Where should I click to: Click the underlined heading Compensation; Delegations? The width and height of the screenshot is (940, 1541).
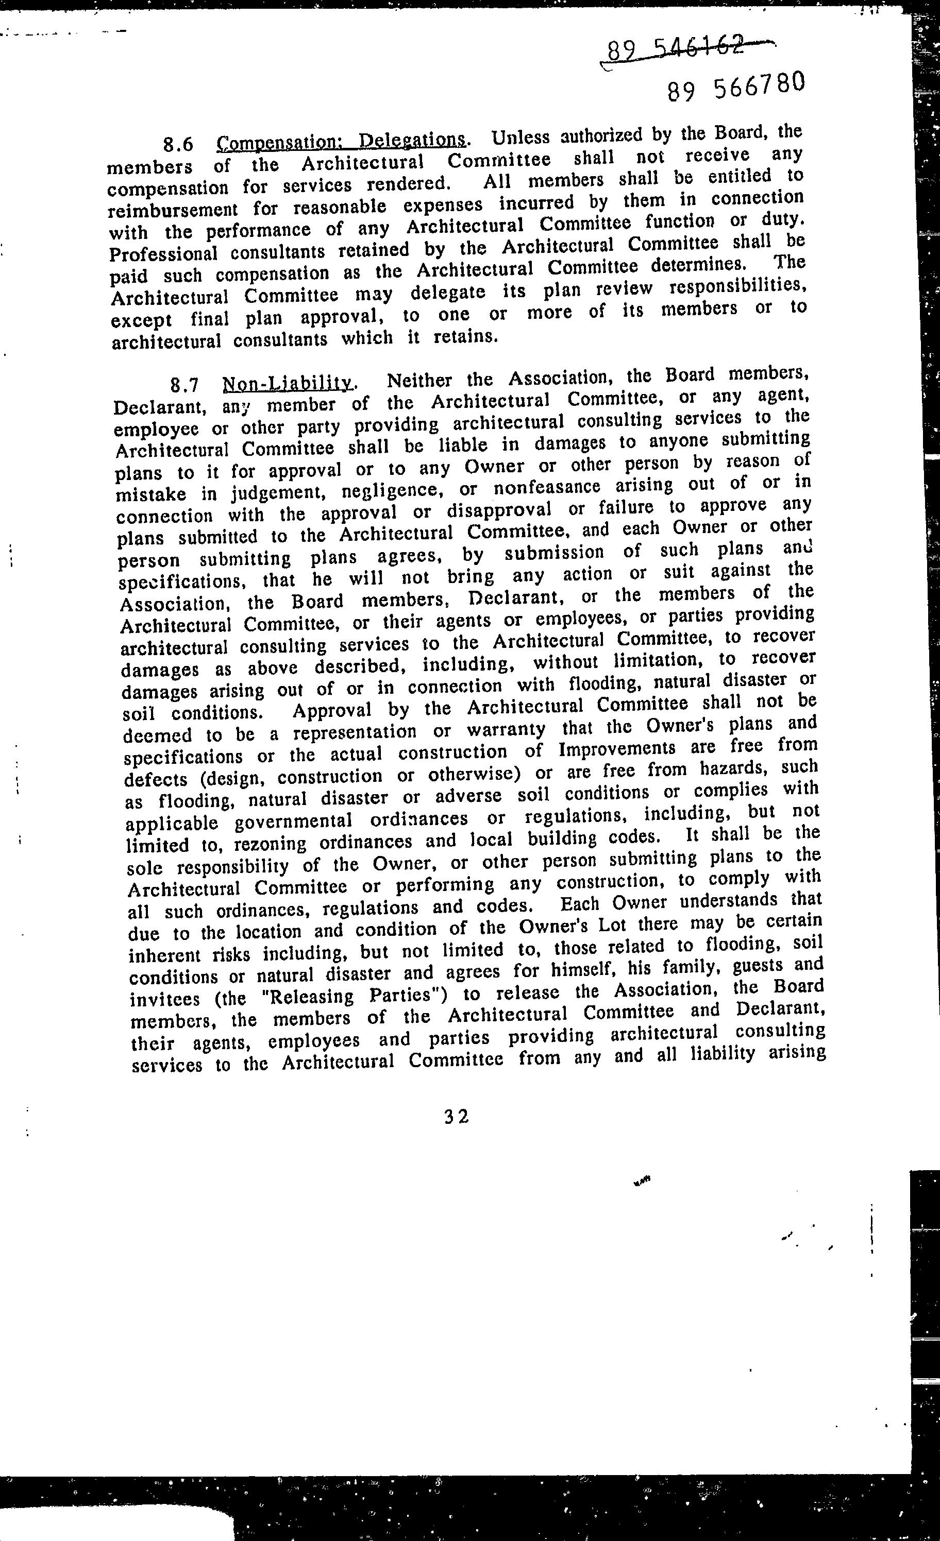click(x=341, y=141)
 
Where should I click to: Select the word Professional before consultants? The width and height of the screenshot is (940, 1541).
click(x=163, y=254)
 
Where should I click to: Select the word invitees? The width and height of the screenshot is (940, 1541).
click(x=165, y=999)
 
